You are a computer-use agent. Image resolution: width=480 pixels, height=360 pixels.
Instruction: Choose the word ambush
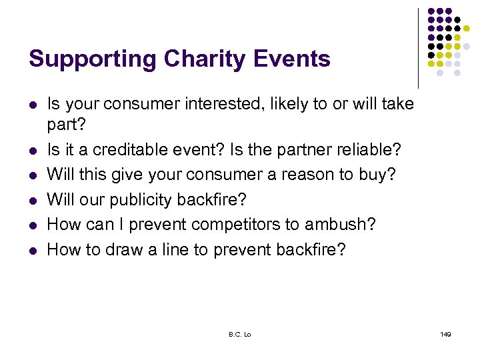(x=340, y=225)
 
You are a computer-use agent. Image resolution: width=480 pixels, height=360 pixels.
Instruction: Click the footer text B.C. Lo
(x=239, y=334)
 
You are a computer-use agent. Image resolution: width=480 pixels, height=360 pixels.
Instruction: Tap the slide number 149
(x=445, y=334)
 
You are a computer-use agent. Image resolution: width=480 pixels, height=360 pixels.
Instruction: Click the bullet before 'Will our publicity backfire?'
(x=33, y=200)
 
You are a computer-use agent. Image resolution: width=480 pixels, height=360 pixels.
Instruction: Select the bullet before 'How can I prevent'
(x=33, y=225)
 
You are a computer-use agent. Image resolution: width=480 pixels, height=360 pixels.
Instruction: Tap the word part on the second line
(x=63, y=125)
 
